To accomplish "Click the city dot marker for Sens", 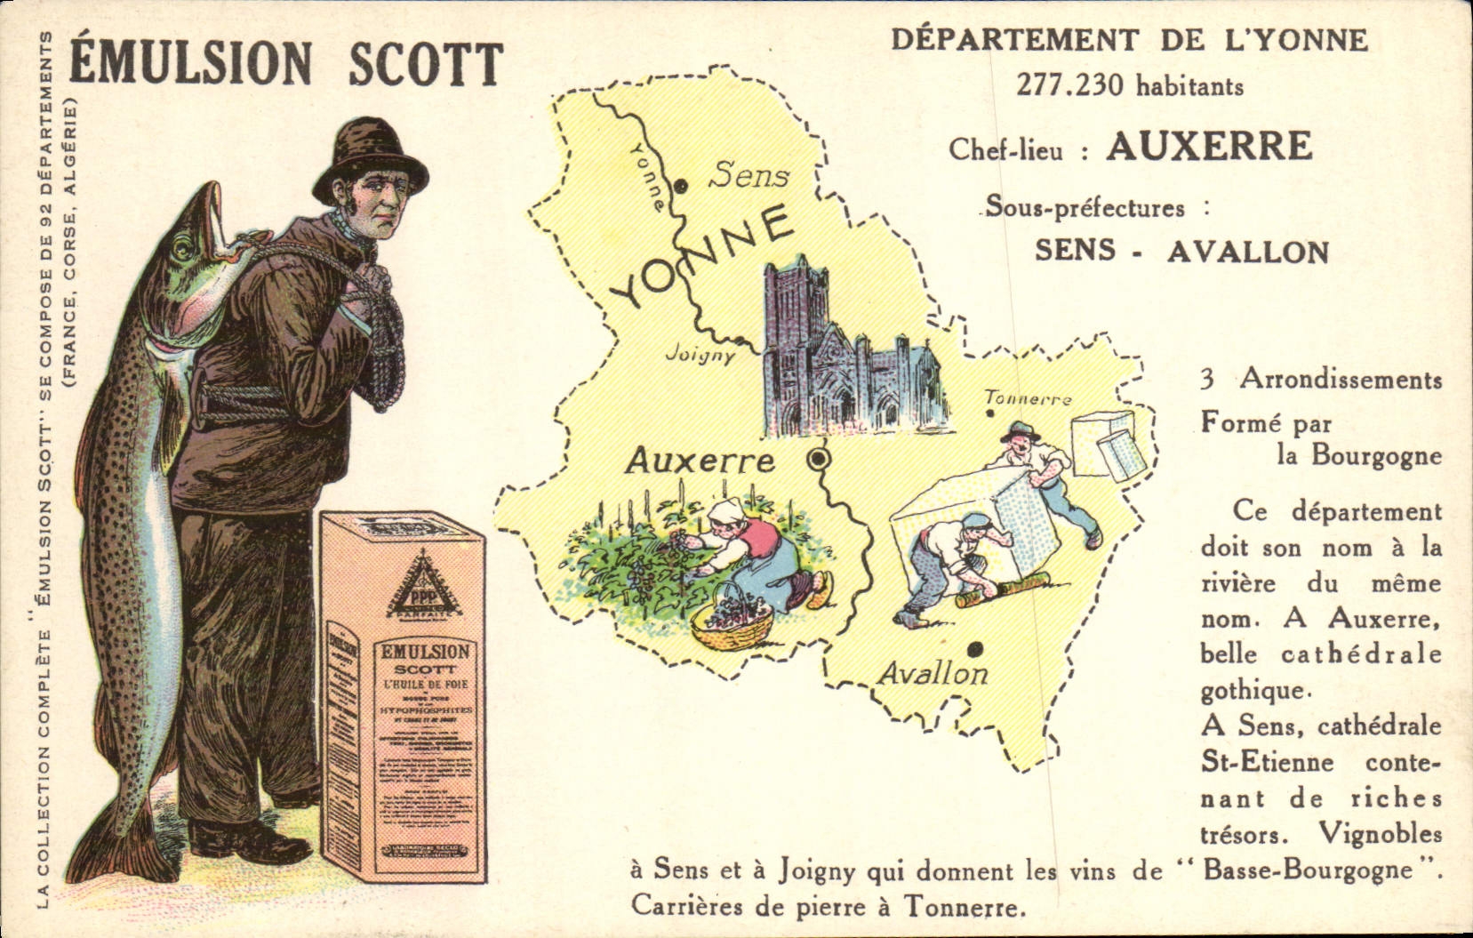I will (681, 186).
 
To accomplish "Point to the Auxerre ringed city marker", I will (817, 459).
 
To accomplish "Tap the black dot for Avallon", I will (976, 648).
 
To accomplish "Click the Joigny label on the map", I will (701, 355).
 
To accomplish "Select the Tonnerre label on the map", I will (1028, 399).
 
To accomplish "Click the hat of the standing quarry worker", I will (1019, 429).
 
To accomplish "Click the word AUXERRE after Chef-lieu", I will (1209, 147).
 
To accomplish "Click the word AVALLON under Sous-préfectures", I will (1247, 253).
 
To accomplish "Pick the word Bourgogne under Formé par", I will (1358, 455).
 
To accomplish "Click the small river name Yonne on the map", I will (646, 175).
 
